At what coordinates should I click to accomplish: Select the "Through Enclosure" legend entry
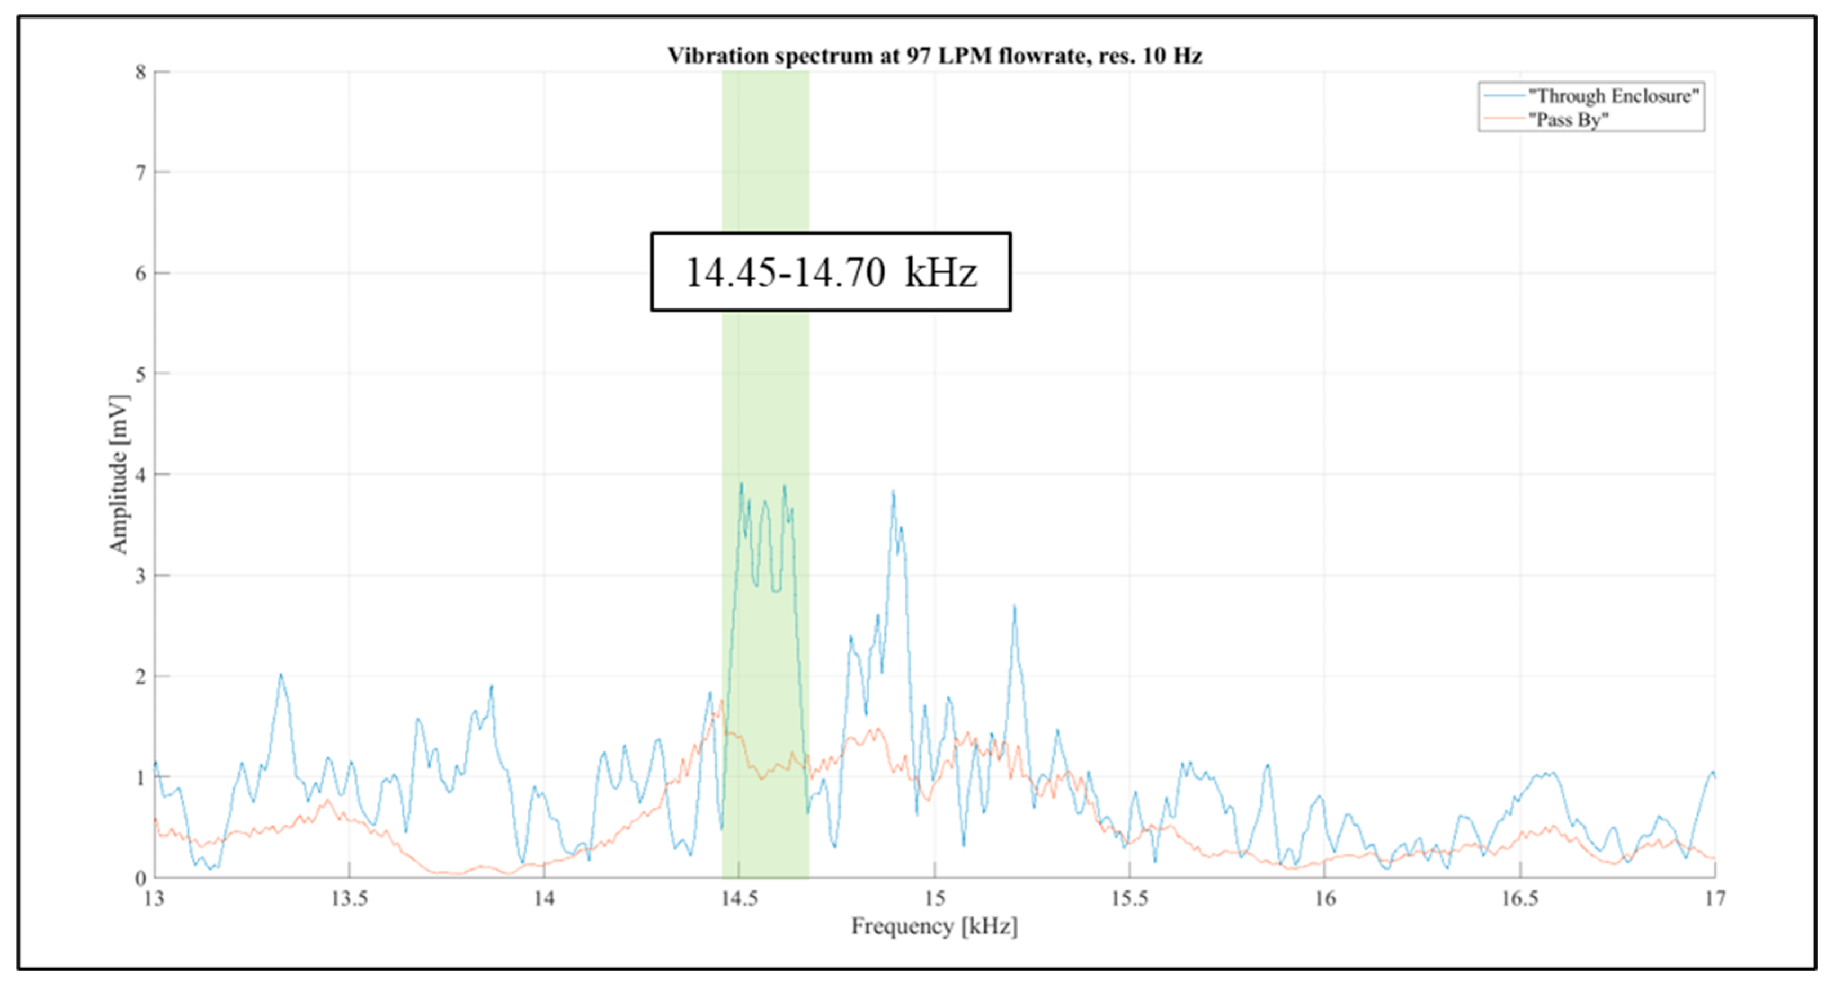(x=1612, y=96)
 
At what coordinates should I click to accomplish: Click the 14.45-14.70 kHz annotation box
(x=831, y=272)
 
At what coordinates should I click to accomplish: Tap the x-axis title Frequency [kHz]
(x=934, y=926)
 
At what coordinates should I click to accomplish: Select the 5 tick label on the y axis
(x=141, y=374)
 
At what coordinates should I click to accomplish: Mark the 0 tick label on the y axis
(x=141, y=878)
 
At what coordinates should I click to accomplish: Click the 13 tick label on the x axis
(x=154, y=899)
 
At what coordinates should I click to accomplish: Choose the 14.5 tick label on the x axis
(x=739, y=899)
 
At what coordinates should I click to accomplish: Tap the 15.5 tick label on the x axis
(x=1129, y=899)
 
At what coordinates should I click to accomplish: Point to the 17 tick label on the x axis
(x=1715, y=899)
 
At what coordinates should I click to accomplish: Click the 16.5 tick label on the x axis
(x=1519, y=899)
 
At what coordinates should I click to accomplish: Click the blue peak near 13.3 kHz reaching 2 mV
(x=281, y=675)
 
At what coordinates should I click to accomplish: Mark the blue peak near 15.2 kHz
(x=1015, y=607)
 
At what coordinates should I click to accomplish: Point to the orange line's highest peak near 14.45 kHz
(x=722, y=701)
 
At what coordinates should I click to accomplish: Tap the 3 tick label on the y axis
(x=141, y=576)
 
